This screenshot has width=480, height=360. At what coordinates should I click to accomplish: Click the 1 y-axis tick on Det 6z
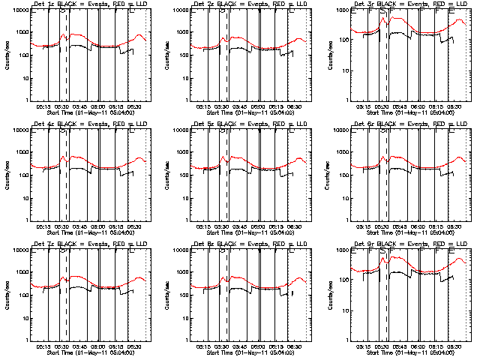[345, 220]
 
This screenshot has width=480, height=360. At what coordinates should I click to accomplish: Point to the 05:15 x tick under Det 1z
[45, 107]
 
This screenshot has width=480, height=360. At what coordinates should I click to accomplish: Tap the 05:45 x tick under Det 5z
[239, 226]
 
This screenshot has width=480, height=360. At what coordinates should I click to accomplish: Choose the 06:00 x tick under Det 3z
[418, 107]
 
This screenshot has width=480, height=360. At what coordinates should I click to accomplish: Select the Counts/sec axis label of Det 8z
[167, 295]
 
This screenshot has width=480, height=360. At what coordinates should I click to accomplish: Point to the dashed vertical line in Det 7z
[67, 295]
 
